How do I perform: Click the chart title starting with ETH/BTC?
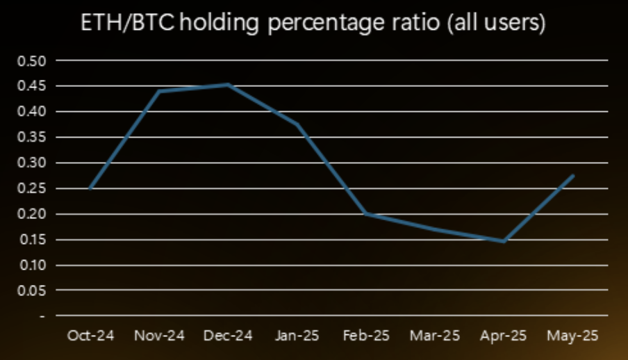(313, 22)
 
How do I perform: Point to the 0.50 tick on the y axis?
(32, 61)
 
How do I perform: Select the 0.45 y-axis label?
(32, 85)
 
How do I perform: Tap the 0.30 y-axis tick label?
(32, 163)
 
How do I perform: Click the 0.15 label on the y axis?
(32, 240)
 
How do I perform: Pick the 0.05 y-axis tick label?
(32, 291)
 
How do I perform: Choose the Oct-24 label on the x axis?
(90, 336)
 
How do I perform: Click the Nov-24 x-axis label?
(159, 336)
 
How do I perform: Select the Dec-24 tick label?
(228, 336)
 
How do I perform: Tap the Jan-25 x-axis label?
(297, 336)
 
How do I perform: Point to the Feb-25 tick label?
(366, 336)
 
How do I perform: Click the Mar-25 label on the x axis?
(435, 336)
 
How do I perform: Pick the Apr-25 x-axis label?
(504, 336)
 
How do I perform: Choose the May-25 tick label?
(572, 336)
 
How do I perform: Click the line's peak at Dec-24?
(229, 85)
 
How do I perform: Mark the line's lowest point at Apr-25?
(504, 241)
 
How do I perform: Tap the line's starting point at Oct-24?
(90, 188)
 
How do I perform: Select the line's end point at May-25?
(573, 175)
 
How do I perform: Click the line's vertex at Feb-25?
(366, 214)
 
